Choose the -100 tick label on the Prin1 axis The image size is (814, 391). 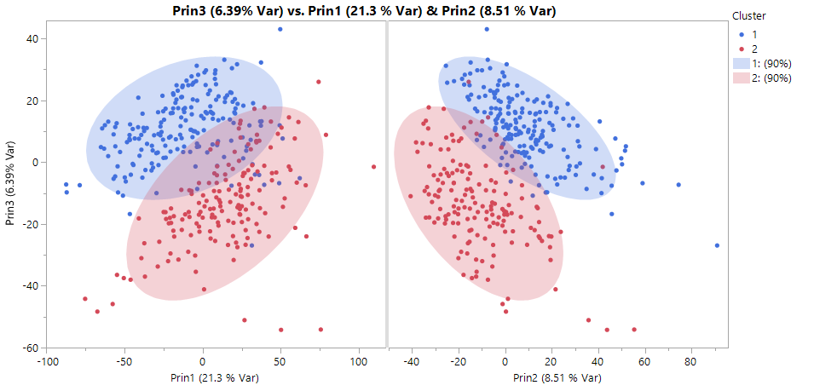(x=47, y=360)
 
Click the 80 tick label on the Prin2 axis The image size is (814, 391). (x=690, y=360)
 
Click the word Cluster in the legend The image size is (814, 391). (x=749, y=16)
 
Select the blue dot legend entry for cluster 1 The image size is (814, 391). (x=742, y=34)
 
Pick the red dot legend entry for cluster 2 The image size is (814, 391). (x=742, y=49)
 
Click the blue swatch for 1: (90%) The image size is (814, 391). (x=741, y=64)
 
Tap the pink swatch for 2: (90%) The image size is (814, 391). (x=741, y=78)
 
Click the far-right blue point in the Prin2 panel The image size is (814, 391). (x=717, y=245)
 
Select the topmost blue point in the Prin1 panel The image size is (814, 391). (x=280, y=29)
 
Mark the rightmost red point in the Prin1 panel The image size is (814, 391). (x=373, y=167)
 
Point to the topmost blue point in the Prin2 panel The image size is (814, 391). (x=487, y=29)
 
